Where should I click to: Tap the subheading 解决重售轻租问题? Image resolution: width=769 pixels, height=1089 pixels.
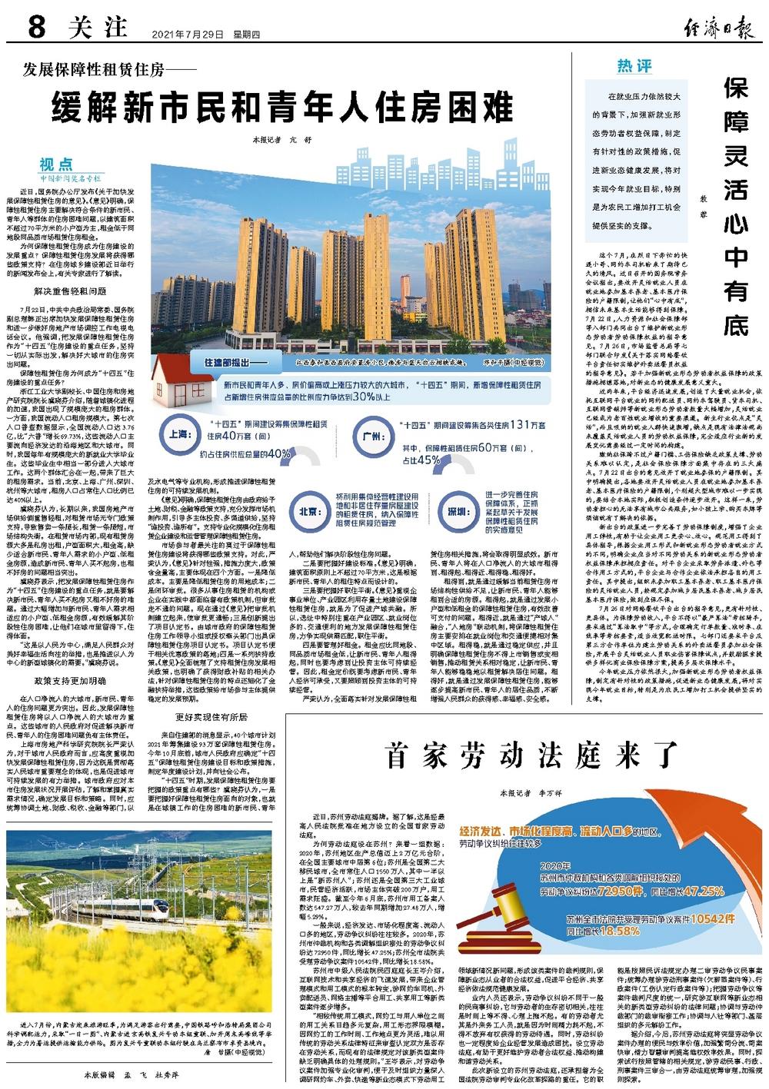pos(68,291)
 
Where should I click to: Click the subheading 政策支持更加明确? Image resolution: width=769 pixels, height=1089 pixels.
pos(68,636)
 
